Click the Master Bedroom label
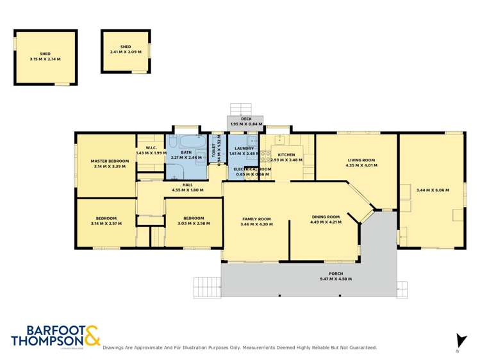(x=105, y=161)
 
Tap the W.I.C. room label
(x=143, y=149)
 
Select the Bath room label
(x=186, y=152)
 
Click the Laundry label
(x=244, y=149)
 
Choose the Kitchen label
(x=286, y=155)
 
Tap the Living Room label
(x=361, y=160)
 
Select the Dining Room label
(x=326, y=217)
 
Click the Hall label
(x=188, y=184)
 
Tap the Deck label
(x=246, y=119)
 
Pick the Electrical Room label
(x=253, y=169)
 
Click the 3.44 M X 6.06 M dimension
(x=433, y=190)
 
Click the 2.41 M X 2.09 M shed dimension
(x=125, y=51)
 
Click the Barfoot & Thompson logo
(x=55, y=336)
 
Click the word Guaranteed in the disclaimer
(x=361, y=348)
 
